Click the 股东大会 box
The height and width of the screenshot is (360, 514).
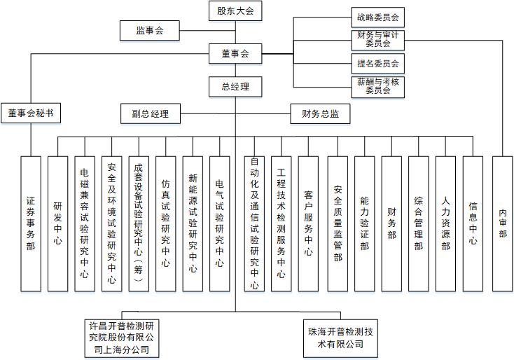tap(235, 11)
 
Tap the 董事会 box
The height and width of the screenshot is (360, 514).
tap(235, 53)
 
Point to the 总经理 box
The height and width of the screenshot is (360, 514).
tap(235, 87)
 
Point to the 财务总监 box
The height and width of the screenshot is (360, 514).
tap(320, 113)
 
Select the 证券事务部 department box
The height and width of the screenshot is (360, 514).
tap(31, 223)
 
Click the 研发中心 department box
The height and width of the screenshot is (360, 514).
tap(57, 223)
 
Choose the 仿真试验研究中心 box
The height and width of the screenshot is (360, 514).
tap(165, 223)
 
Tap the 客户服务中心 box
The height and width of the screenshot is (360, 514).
tap(308, 223)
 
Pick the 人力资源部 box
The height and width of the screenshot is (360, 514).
tap(445, 223)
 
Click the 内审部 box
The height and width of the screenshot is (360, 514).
tap(502, 223)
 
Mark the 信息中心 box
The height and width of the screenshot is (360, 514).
tap(473, 223)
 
